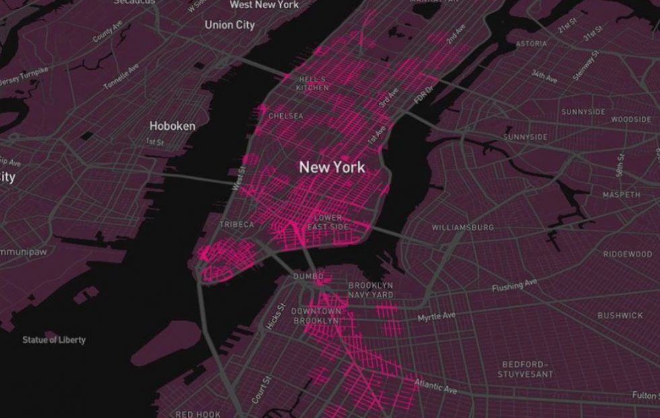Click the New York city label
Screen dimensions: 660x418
tap(332, 167)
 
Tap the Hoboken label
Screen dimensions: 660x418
tap(172, 126)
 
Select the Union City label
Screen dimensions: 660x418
tap(230, 25)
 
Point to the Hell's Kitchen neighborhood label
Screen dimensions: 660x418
tap(312, 83)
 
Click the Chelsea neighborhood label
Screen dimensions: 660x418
tap(286, 116)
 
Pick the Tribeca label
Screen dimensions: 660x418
tap(236, 224)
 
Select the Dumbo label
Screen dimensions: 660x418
tap(308, 277)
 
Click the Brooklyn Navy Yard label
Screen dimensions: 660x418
tap(370, 290)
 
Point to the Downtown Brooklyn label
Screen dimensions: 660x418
tap(317, 316)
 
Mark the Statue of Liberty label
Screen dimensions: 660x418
tap(54, 340)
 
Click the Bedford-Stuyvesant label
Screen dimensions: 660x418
tap(527, 369)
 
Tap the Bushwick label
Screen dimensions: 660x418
tap(620, 315)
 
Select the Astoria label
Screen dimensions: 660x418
tap(531, 44)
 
